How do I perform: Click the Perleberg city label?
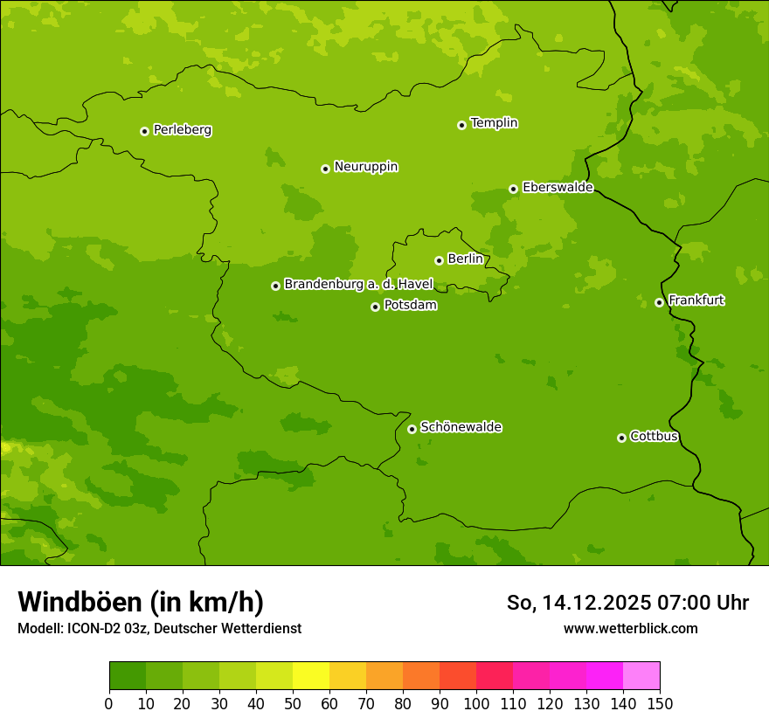[182, 130]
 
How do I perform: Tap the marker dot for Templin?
[461, 125]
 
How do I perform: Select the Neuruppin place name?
[365, 167]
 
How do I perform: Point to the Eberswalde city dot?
[513, 189]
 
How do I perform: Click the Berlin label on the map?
[465, 259]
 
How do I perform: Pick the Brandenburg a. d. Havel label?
[358, 285]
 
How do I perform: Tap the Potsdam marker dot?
[375, 307]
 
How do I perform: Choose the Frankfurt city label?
[696, 300]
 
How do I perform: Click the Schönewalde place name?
[461, 427]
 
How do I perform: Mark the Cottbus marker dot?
[621, 438]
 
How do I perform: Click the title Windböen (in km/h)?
[141, 602]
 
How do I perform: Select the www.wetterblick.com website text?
[630, 628]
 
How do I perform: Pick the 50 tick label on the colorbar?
[293, 703]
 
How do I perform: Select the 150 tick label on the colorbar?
[660, 703]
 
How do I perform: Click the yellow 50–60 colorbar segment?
[311, 676]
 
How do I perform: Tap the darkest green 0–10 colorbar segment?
[128, 676]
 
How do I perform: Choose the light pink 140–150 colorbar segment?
[641, 676]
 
